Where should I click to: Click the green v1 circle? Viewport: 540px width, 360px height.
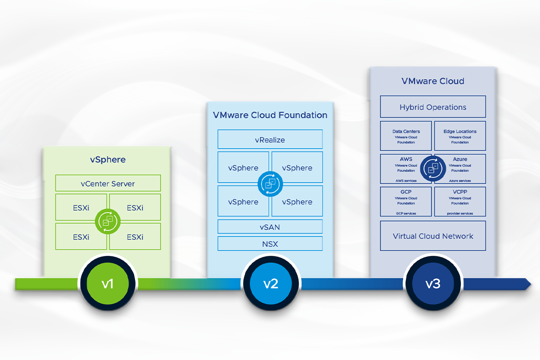click(x=107, y=284)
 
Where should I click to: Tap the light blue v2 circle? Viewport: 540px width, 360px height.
click(x=270, y=284)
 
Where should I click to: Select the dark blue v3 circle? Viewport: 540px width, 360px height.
click(x=432, y=284)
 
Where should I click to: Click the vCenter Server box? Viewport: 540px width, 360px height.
click(x=108, y=183)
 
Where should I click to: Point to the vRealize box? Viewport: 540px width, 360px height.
click(x=270, y=140)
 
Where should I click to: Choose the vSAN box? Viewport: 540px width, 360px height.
click(x=270, y=227)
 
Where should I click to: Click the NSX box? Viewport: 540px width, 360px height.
click(x=270, y=244)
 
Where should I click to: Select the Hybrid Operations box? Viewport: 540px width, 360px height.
click(x=433, y=107)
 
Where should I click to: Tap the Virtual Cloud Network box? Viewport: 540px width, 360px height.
click(x=433, y=236)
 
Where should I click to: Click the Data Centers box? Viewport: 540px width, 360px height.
click(x=406, y=136)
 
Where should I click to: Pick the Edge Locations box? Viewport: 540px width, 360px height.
click(x=460, y=136)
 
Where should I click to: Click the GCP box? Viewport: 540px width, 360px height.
click(x=406, y=201)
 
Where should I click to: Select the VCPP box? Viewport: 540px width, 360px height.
click(x=460, y=201)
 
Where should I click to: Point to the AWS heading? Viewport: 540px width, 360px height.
click(x=406, y=159)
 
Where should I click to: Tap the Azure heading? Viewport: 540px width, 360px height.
click(x=460, y=159)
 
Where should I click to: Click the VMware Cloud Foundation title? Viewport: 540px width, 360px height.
click(x=270, y=115)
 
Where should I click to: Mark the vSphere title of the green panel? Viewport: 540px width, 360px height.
click(x=108, y=160)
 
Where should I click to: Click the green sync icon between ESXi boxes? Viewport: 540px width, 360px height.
click(x=108, y=220)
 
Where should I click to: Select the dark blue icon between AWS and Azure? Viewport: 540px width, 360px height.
click(x=433, y=168)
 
